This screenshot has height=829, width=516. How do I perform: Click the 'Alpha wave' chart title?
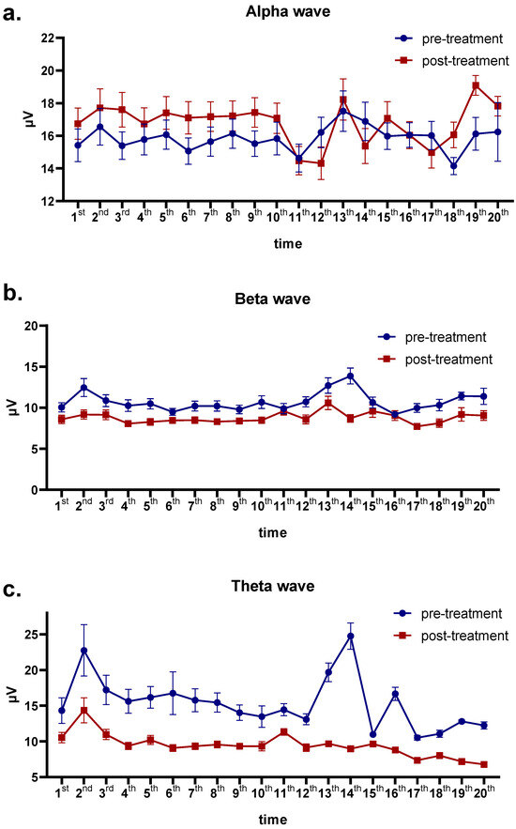[x=272, y=11]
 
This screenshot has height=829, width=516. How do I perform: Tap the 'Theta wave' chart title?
[x=272, y=587]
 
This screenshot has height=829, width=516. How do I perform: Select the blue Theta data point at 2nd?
[x=83, y=651]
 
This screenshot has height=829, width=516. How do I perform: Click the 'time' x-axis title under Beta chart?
[x=272, y=532]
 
